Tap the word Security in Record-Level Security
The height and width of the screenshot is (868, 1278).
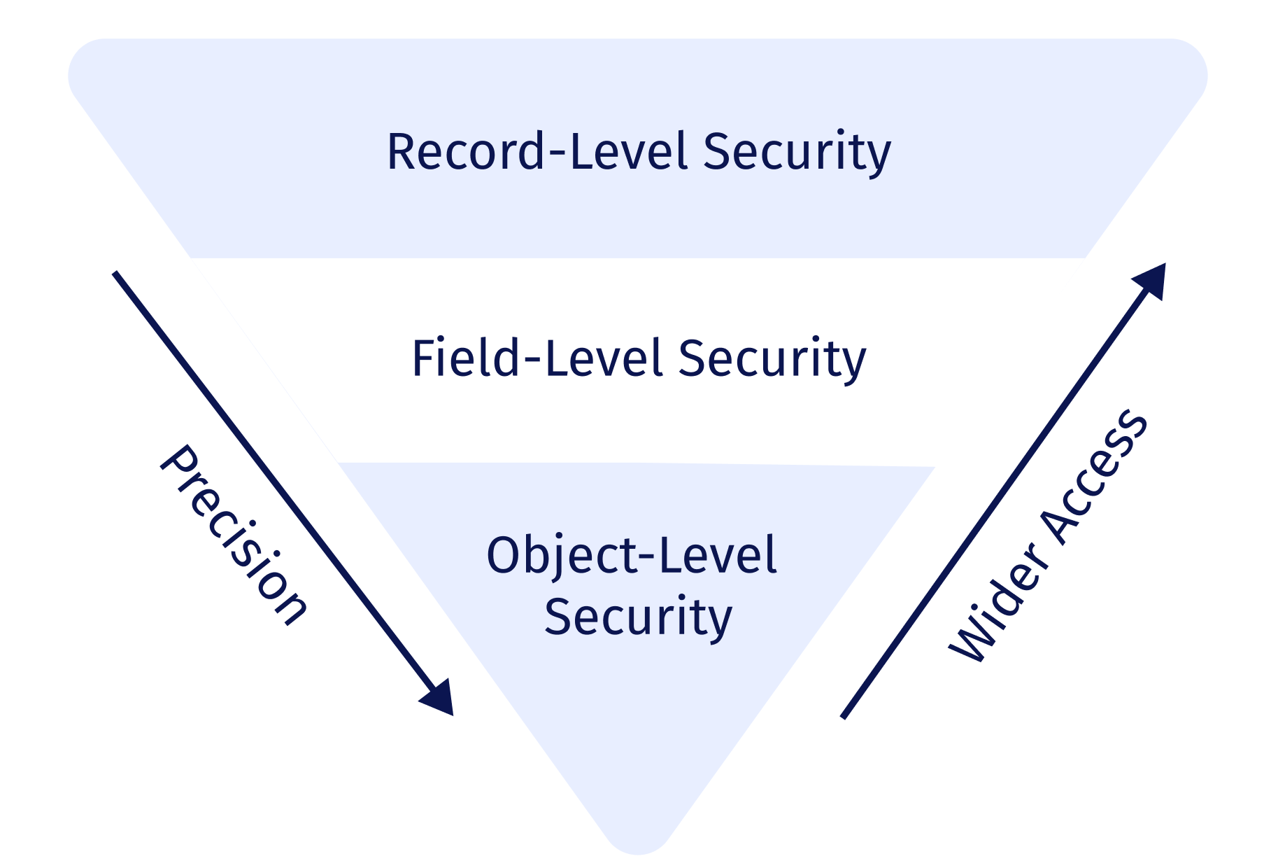coord(797,152)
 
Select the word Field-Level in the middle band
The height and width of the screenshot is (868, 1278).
coord(534,358)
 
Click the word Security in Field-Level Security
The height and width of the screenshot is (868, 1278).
coord(772,358)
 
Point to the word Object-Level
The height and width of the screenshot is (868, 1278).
coord(632,555)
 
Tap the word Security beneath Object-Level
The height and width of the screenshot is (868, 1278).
coord(638,617)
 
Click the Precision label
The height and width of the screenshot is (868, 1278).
coord(235,535)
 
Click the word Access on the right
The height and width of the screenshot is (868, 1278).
coord(1095,476)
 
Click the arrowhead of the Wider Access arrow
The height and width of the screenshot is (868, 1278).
coord(1154,276)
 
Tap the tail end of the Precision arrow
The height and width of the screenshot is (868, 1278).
coord(116,274)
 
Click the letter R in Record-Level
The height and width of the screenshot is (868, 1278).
coord(402,152)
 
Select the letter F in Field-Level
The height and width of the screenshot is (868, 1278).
coord(424,358)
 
